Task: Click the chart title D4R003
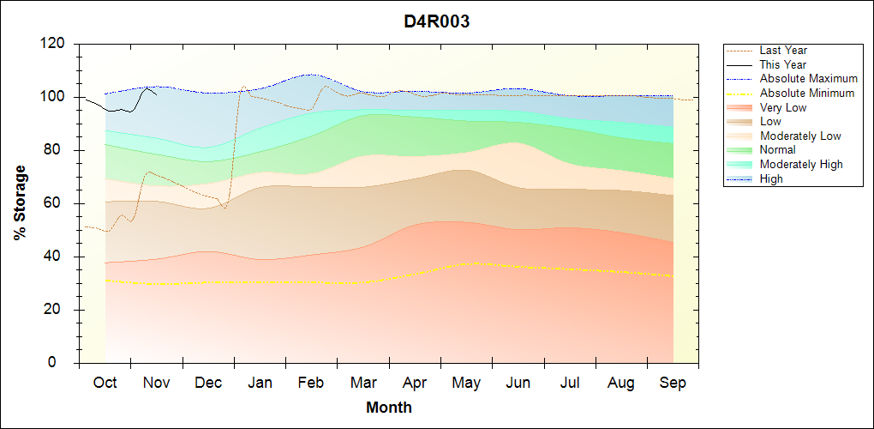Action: [x=437, y=22]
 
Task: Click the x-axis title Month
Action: [x=388, y=408]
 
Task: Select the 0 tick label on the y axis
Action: [x=63, y=363]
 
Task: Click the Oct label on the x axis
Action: [x=105, y=383]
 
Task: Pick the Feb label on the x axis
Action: [x=311, y=383]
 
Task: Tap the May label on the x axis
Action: [x=466, y=383]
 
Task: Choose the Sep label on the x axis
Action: [x=673, y=383]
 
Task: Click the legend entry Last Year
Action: [x=783, y=51]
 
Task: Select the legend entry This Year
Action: [x=783, y=64]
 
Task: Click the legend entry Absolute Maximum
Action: [x=808, y=79]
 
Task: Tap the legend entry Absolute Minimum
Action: [x=807, y=93]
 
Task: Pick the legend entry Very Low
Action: [x=783, y=107]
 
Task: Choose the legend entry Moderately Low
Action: [x=800, y=136]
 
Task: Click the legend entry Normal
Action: [x=777, y=150]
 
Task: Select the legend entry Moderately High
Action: [x=801, y=164]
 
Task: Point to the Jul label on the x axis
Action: [x=570, y=383]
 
